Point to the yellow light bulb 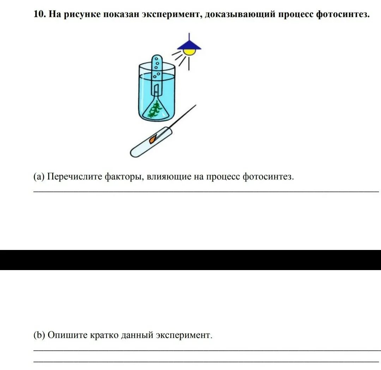(190, 52)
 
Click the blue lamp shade (189, 45)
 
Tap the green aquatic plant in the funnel (155, 109)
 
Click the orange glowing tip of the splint (152, 140)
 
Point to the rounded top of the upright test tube (156, 58)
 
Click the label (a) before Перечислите (39, 177)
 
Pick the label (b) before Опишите (39, 335)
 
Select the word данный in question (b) (137, 335)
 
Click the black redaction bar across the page (190, 260)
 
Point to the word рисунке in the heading (82, 15)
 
